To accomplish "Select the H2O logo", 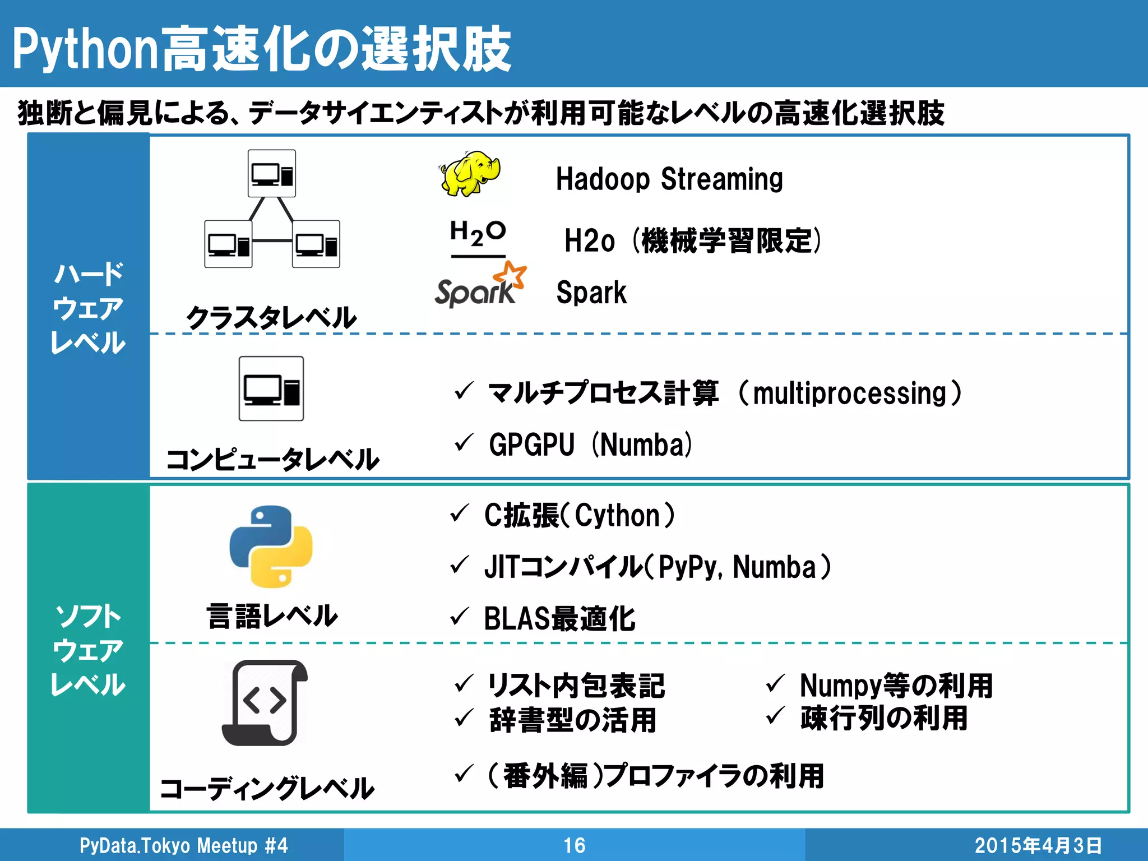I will pos(478,234).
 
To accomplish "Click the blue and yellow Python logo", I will pos(271,547).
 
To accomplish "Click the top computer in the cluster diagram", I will pos(272,174).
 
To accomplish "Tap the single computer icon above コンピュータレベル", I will pos(271,388).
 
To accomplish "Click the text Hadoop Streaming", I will pos(669,179).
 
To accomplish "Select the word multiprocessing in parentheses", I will pos(850,393).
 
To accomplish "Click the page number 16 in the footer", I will pos(574,845).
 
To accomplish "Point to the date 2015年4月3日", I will pos(1038,845).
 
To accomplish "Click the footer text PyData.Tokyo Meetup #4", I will pos(183,845).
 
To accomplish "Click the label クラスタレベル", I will pos(271,317).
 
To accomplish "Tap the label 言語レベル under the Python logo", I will pos(272,616).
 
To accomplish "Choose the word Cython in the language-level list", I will pos(617,515).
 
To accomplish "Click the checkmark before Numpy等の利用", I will pos(775,683).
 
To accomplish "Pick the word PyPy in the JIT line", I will pos(688,567).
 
